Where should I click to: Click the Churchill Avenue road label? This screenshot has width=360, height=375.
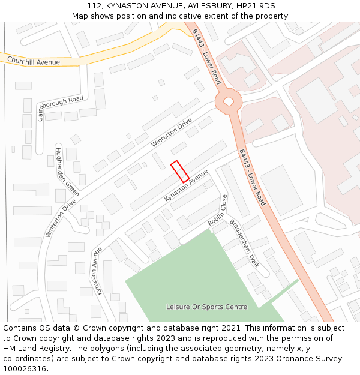[34, 62]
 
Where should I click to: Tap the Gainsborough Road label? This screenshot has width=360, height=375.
[60, 107]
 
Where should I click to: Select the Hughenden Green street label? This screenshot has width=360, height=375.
[67, 171]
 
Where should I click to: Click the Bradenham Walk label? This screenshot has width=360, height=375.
[244, 243]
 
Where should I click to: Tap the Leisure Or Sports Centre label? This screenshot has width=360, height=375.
[206, 307]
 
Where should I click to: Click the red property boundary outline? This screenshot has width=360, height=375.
[180, 172]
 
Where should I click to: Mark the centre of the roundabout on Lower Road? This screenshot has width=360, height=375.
[229, 101]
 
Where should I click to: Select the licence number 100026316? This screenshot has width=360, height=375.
[25, 369]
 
